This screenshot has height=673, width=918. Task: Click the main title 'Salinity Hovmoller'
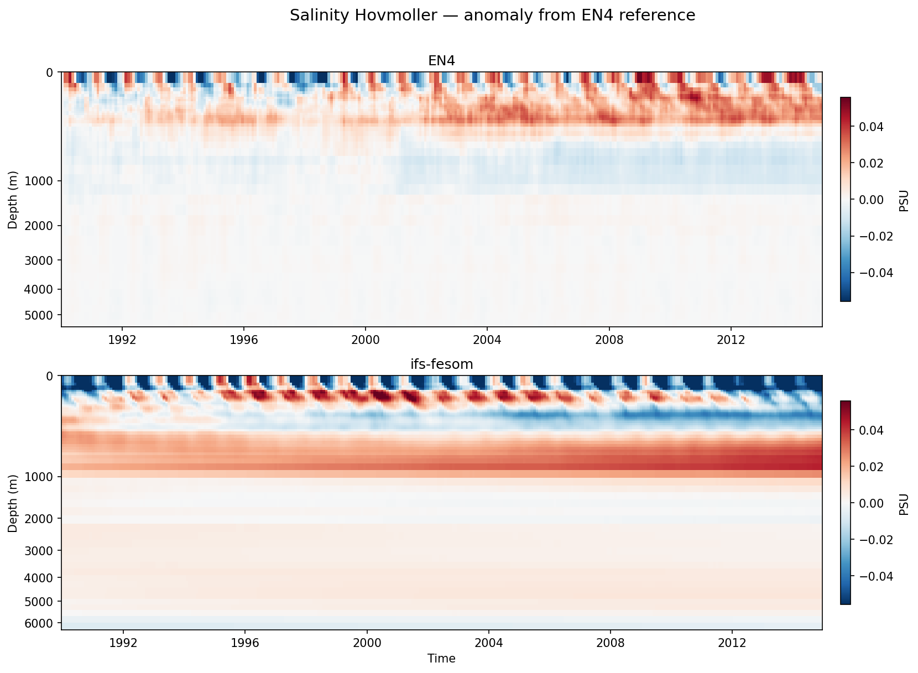point(492,15)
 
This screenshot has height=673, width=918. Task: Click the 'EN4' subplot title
point(441,61)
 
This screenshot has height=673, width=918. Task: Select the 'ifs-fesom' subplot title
point(441,364)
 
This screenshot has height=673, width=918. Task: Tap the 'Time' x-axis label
point(441,659)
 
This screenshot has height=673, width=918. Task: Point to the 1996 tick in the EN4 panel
point(244,340)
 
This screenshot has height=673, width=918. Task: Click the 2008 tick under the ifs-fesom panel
point(610,643)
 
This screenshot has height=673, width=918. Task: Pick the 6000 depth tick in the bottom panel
point(42,624)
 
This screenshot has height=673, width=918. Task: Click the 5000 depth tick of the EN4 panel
point(42,315)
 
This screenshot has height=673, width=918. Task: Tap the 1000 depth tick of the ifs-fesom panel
point(42,477)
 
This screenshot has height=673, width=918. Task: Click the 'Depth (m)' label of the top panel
point(12,200)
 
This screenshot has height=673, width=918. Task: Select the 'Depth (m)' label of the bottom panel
point(12,503)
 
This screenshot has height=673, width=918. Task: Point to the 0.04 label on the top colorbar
point(870,127)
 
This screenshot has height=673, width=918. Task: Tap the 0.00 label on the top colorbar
point(870,200)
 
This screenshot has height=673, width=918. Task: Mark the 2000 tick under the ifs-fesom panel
point(367,643)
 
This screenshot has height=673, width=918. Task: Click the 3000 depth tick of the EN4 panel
point(42,260)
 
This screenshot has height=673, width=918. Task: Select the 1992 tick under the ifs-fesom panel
point(123,643)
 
